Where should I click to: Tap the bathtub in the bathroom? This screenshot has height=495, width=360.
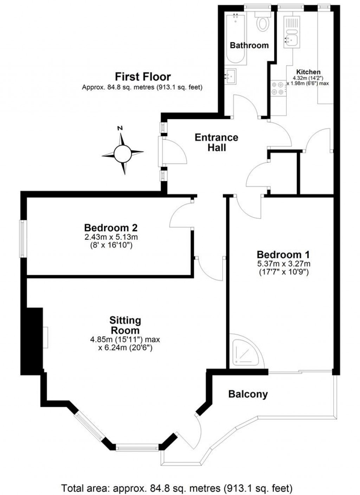(x=235, y=39)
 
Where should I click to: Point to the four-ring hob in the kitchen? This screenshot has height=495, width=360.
(x=278, y=88)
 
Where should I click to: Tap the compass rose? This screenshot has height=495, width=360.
(x=123, y=153)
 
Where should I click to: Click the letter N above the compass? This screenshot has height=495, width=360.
(x=120, y=128)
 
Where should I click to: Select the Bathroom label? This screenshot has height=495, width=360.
(x=249, y=45)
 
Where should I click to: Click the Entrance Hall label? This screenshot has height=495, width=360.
(x=217, y=142)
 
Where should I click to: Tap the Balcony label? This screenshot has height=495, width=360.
(x=248, y=394)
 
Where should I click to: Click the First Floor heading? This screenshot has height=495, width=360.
(x=143, y=76)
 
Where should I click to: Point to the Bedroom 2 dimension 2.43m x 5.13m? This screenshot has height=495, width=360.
(x=111, y=237)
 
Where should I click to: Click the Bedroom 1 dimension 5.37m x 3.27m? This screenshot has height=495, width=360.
(x=283, y=264)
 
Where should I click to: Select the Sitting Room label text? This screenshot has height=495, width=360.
(x=125, y=325)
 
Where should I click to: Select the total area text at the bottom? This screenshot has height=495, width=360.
(x=177, y=488)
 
